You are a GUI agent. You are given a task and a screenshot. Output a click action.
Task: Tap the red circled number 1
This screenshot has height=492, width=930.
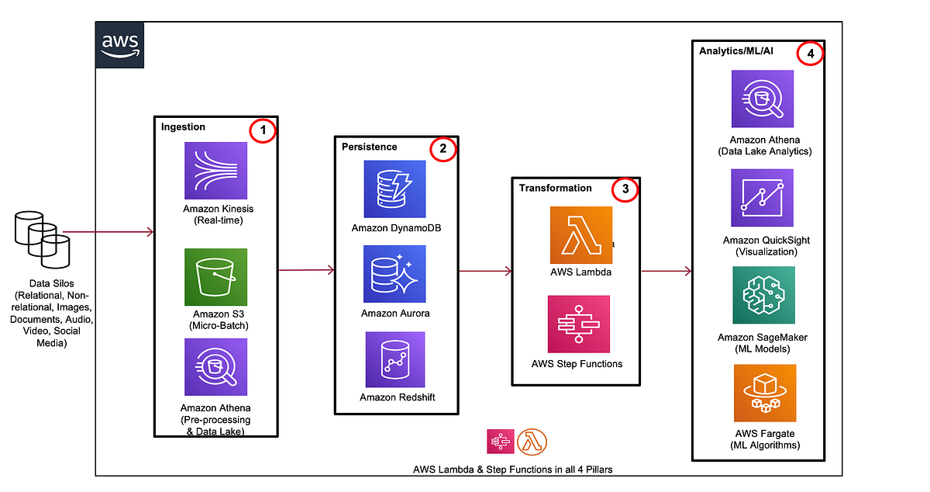[263, 131]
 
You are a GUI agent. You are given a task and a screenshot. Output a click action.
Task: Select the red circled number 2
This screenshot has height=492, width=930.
[443, 150]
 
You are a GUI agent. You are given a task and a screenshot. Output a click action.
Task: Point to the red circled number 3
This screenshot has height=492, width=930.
[625, 189]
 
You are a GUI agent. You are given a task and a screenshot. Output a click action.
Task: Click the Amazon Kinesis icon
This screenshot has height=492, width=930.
[216, 172]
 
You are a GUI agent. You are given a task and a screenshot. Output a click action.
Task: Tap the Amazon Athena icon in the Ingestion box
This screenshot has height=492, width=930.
[216, 368]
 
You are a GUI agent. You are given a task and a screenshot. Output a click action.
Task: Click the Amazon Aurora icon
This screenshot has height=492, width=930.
[394, 274]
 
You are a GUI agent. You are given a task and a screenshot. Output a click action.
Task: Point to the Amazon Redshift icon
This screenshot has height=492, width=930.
[394, 359]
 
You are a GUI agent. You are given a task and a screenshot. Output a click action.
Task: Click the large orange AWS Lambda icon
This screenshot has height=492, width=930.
[580, 235]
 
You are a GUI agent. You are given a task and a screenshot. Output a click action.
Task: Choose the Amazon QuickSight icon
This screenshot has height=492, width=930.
[763, 198]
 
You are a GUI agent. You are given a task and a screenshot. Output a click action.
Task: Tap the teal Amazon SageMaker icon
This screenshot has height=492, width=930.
[764, 296]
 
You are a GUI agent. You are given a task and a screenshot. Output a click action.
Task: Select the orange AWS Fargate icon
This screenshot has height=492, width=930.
[764, 393]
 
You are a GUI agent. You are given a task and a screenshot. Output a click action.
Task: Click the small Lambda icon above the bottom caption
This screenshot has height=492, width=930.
[532, 441]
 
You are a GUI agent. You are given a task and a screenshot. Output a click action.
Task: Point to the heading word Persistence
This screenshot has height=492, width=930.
[369, 146]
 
